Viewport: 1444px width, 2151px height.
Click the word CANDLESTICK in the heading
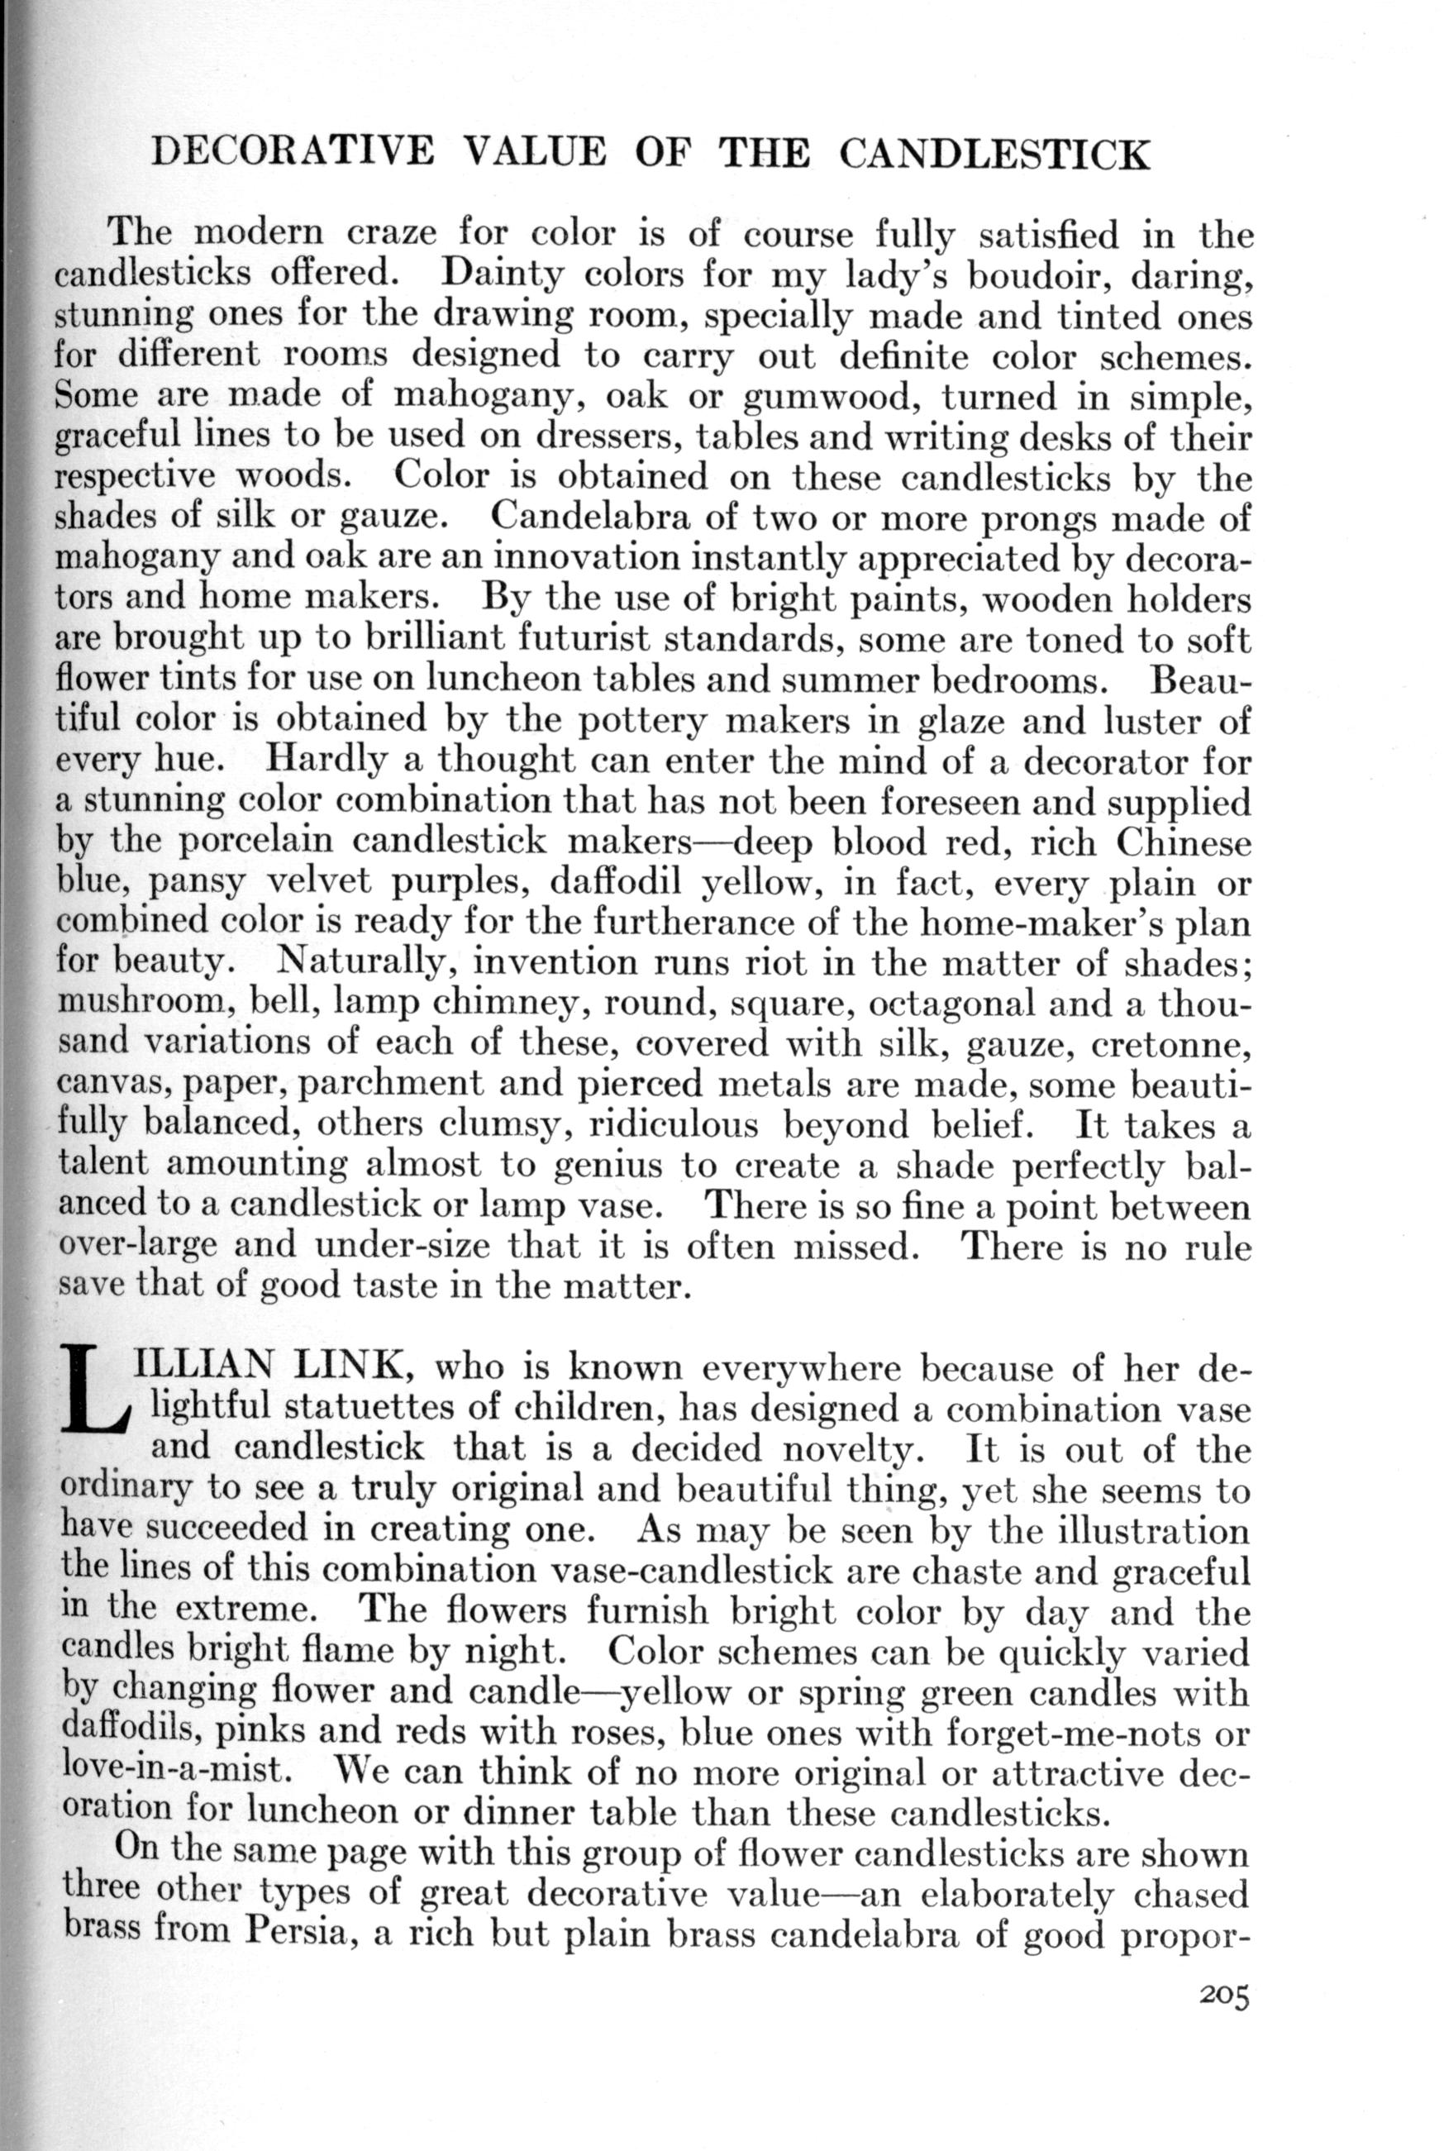[994, 154]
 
